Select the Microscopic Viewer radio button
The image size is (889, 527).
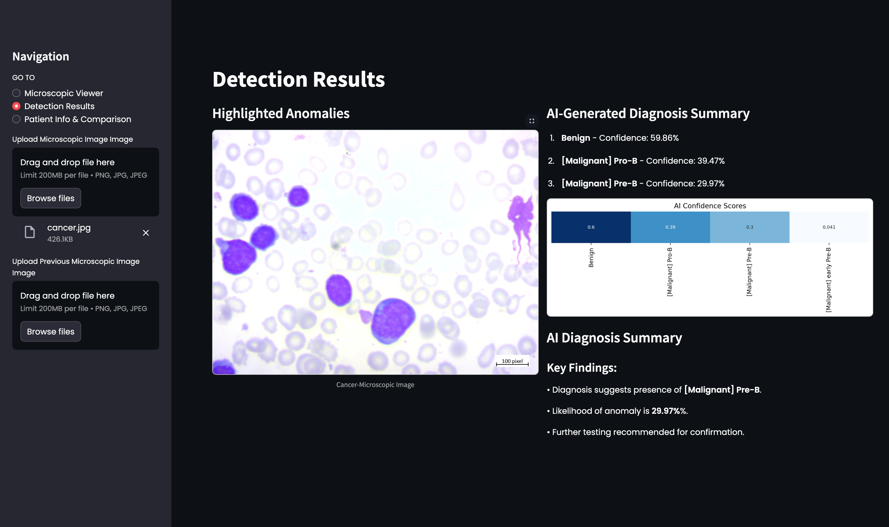(x=16, y=93)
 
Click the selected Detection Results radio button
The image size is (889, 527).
(x=16, y=106)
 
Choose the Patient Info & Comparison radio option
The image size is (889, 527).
(x=16, y=119)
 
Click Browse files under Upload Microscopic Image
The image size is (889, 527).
(x=50, y=198)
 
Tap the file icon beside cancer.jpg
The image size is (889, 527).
(x=30, y=232)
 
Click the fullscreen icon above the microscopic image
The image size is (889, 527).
(x=532, y=121)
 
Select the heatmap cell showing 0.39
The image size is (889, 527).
(x=670, y=227)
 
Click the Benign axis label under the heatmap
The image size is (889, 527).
(x=591, y=258)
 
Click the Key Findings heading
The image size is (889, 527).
(x=581, y=368)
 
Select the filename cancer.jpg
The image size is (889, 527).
(x=69, y=228)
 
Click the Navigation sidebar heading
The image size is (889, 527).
(x=41, y=56)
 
